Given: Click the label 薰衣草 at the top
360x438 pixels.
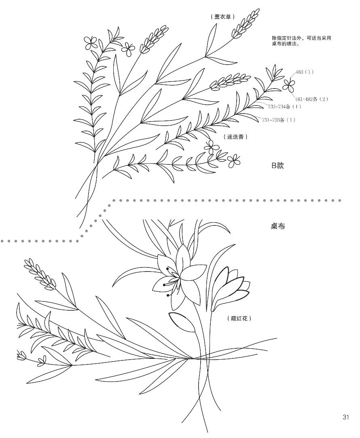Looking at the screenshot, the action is click(222, 17).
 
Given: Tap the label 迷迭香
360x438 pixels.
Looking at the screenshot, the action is click(235, 137).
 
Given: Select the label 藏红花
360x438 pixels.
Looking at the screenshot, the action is click(239, 318).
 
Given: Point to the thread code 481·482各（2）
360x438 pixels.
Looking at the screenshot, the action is click(311, 99).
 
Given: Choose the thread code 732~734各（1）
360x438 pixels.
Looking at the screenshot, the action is click(284, 106).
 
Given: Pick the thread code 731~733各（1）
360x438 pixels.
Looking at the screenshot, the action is click(279, 120).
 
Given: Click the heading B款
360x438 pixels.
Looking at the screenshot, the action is click(277, 165).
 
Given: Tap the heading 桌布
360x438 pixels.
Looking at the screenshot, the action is click(278, 226).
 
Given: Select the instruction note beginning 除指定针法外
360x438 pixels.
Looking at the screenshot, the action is click(301, 41).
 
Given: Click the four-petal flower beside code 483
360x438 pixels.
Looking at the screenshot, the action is click(289, 84).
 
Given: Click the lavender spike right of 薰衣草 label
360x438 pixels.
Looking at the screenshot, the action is click(245, 24).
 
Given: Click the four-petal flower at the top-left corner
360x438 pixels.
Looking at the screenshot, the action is click(90, 42).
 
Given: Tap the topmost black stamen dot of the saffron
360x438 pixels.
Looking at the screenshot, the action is click(167, 268).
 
